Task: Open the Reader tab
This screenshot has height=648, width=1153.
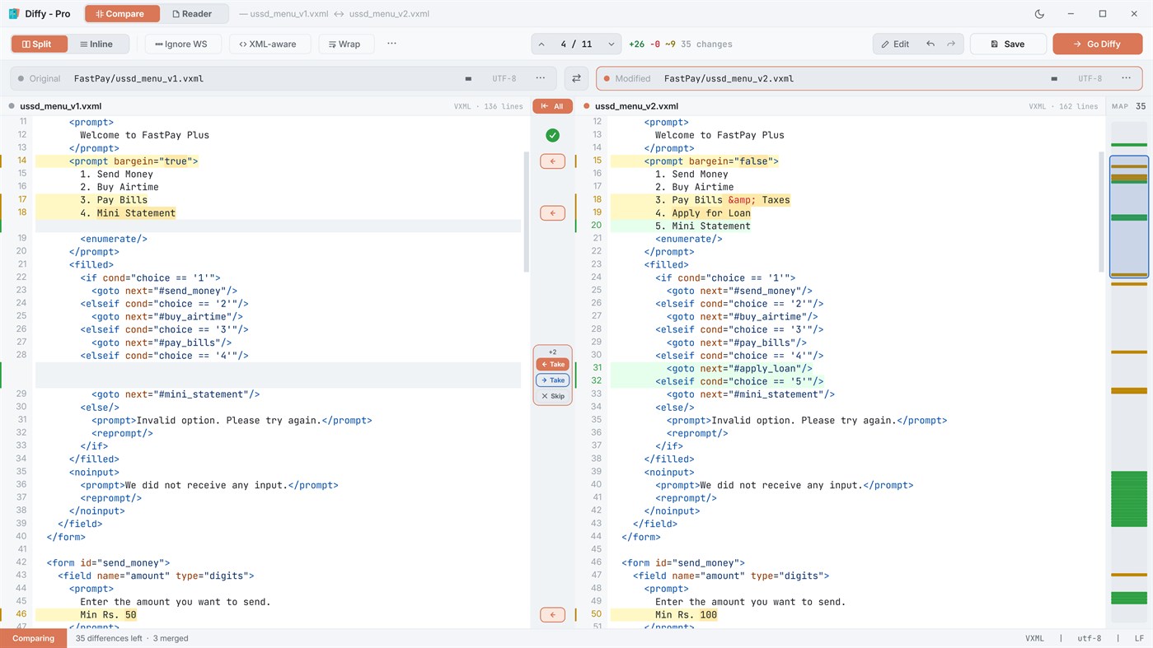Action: coord(192,14)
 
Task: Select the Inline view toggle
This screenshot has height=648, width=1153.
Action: coord(96,44)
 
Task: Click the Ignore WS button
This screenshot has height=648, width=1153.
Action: coord(181,44)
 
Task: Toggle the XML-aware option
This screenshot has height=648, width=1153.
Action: coord(268,44)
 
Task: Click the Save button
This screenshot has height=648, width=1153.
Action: coord(1008,44)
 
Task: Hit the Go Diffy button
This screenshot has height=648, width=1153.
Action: coord(1098,44)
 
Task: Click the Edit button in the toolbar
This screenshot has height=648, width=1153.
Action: coord(895,44)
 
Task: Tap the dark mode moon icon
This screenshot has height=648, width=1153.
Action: coord(1039,14)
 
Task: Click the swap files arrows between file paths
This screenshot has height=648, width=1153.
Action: coord(576,78)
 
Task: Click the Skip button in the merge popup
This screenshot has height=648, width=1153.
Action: coord(553,396)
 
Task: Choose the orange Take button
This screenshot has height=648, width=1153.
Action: coord(553,364)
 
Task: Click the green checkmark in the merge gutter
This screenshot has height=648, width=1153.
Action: coord(552,135)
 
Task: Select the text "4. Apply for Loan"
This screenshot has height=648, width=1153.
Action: coord(703,213)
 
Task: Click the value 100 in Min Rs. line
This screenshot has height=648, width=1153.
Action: coord(708,614)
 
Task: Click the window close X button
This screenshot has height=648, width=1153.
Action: coord(1134,14)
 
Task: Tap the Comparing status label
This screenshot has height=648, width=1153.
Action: coord(33,638)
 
